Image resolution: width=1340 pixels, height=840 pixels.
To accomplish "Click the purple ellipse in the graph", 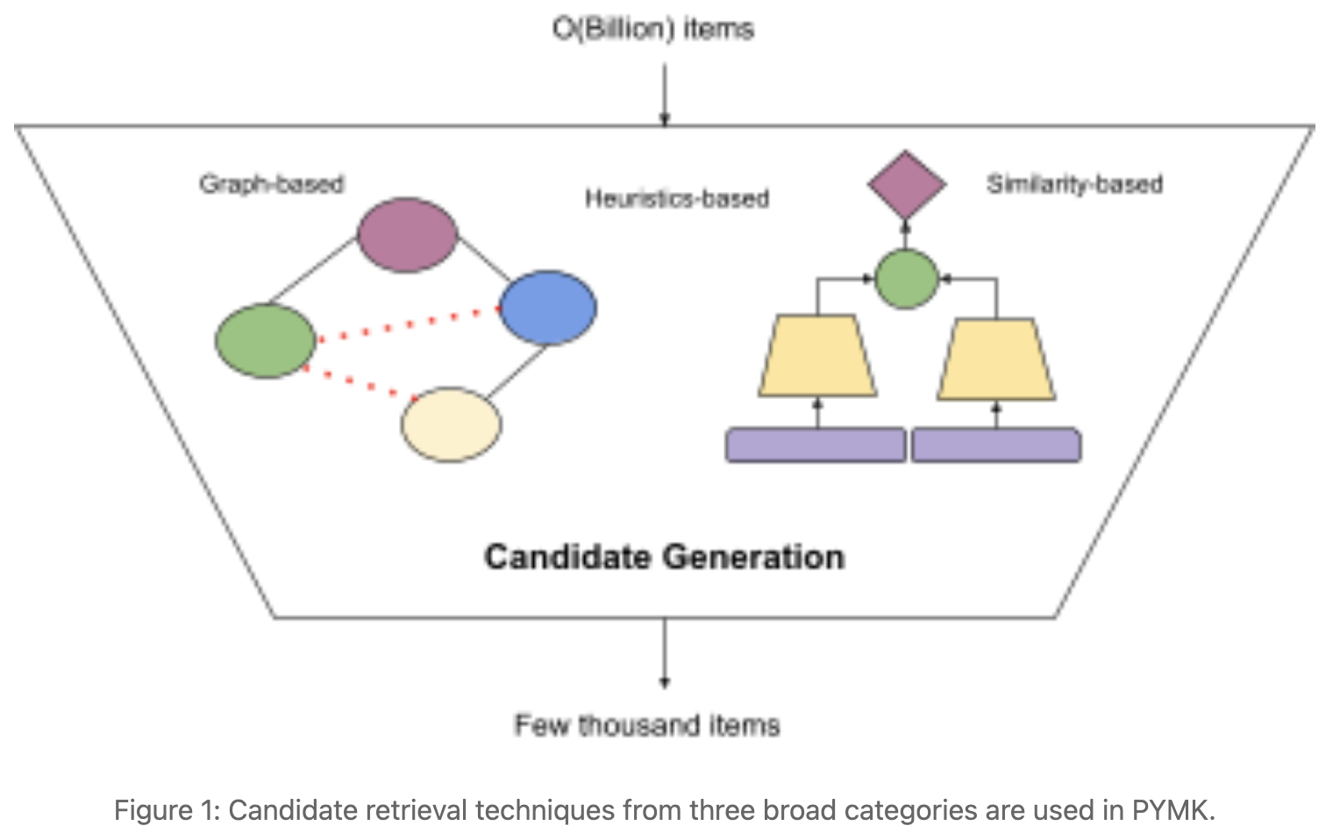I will click(407, 235).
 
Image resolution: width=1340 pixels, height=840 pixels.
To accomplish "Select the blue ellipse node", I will click(548, 308).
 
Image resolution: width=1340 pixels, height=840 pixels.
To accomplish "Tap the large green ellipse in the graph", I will click(266, 341).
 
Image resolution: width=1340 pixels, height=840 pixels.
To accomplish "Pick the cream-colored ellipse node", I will click(452, 424).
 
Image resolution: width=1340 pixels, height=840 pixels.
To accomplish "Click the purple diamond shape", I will click(906, 185).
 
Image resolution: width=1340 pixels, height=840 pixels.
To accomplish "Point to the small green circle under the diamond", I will click(907, 279).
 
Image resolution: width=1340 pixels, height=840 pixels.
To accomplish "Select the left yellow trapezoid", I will click(817, 356).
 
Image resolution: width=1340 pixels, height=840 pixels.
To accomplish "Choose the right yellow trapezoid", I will click(996, 359).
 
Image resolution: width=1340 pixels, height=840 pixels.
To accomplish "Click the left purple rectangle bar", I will click(816, 445).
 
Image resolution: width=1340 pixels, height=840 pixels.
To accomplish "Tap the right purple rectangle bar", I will click(996, 445).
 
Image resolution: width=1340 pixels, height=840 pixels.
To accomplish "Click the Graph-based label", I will click(271, 184).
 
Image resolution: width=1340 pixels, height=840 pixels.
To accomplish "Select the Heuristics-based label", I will click(677, 199).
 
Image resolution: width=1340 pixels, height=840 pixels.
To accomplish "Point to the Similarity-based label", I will click(1074, 184).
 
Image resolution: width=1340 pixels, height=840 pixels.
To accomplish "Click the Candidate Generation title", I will click(665, 558).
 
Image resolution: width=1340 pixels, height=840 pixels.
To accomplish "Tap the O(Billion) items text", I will click(653, 29).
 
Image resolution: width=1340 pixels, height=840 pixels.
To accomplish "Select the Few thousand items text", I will click(647, 725).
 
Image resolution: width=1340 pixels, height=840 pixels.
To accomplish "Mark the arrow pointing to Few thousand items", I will click(665, 653).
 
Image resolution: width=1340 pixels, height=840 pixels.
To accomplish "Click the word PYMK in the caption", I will click(1170, 810).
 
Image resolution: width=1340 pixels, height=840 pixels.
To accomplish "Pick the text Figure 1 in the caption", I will click(166, 810).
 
